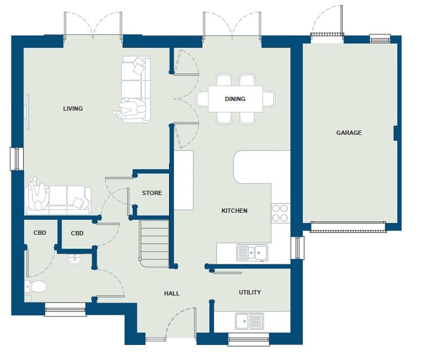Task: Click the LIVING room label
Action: (72, 109)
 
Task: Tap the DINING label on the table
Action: (235, 99)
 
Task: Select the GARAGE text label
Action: (349, 133)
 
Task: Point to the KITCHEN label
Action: (234, 211)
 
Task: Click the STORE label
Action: (152, 193)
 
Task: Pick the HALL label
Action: (172, 293)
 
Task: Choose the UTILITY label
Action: (250, 292)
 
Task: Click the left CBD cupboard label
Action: (40, 233)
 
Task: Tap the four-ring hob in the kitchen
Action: (280, 213)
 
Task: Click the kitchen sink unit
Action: (252, 253)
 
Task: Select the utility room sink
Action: (249, 321)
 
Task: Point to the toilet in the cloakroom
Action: (35, 286)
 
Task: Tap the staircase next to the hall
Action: (155, 244)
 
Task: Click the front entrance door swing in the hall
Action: (180, 322)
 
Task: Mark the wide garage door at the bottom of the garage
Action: (348, 227)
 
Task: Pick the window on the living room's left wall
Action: (16, 159)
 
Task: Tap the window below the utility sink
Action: (249, 339)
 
